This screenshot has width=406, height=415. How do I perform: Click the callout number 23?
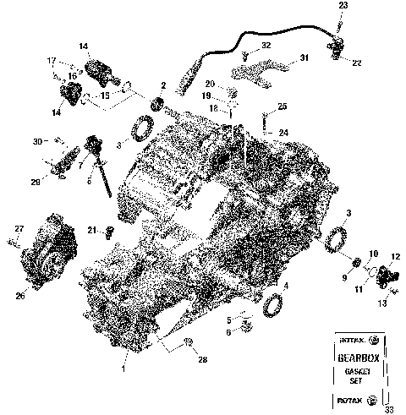343,6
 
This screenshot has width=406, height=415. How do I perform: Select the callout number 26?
19,295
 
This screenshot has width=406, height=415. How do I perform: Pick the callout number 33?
388,409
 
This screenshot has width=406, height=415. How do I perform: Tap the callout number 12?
395,256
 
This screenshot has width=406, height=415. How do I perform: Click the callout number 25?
283,106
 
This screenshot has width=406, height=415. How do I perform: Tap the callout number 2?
162,86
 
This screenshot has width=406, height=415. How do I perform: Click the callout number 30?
37,139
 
